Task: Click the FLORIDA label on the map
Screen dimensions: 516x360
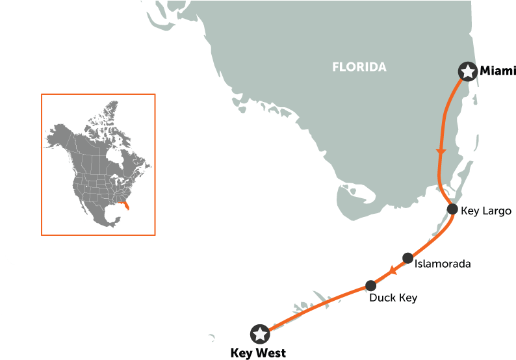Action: click(x=359, y=67)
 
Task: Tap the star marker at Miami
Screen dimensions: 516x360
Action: click(x=467, y=71)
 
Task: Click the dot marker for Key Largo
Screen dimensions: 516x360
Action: click(x=453, y=209)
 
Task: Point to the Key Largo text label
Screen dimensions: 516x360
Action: click(x=485, y=211)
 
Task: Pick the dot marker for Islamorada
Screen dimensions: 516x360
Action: click(x=407, y=258)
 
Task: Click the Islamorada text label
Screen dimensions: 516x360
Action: click(x=443, y=264)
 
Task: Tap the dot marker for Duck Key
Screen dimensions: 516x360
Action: click(x=371, y=285)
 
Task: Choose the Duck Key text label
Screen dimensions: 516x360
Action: click(x=393, y=298)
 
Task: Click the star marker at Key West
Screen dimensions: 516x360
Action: click(x=261, y=334)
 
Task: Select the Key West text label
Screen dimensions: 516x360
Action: click(x=257, y=353)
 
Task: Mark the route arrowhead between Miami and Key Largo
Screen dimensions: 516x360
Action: click(x=441, y=151)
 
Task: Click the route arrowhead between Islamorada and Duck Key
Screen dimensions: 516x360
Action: click(x=392, y=272)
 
